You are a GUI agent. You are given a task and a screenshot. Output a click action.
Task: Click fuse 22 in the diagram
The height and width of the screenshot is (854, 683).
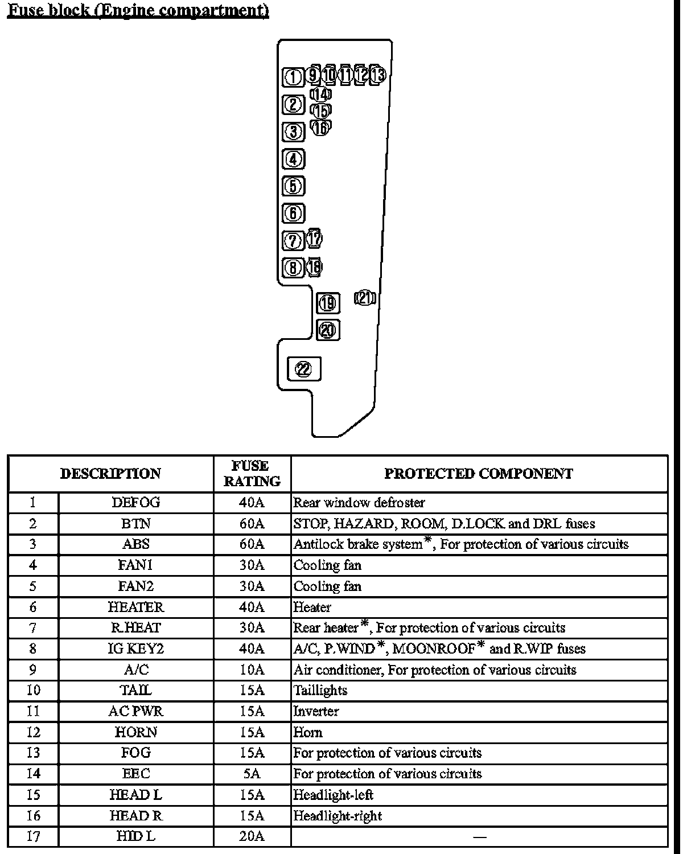point(304,369)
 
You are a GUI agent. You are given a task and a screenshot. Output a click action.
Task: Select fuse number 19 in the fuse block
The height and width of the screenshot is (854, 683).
point(328,303)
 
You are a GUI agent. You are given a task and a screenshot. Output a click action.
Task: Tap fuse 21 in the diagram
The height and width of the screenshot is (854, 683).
point(365,298)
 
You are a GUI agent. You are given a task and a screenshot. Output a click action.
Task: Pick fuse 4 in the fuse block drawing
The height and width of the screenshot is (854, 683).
point(294,159)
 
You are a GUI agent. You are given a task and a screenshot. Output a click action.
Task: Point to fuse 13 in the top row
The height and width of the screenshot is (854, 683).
point(378,75)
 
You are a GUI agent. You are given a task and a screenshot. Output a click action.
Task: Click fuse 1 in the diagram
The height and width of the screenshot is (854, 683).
point(293,76)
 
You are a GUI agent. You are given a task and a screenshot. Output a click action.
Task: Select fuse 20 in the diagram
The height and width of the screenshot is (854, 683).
point(328,330)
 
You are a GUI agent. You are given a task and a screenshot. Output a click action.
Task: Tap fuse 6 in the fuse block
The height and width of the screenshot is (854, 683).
point(294,213)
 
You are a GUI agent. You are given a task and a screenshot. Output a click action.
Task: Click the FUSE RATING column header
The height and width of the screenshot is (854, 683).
point(252,473)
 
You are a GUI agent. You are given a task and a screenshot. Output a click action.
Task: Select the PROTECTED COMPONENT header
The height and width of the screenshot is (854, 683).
point(479,473)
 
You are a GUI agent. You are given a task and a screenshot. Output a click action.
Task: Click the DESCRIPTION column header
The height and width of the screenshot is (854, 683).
point(110,473)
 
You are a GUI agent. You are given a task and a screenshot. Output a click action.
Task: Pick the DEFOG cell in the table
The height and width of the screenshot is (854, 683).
point(136,502)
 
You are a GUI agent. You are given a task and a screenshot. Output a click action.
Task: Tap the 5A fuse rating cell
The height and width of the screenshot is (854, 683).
point(252,774)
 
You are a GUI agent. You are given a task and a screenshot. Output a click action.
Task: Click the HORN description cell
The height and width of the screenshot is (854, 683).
point(136,732)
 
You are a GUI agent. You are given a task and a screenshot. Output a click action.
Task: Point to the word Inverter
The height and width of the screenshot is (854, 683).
point(316,711)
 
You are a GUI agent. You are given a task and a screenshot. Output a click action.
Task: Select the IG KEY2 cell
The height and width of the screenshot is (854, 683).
point(136,648)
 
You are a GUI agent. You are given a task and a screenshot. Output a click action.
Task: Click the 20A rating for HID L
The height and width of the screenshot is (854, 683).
point(252,836)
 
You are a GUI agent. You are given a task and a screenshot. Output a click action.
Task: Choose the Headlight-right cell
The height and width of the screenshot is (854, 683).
point(338,816)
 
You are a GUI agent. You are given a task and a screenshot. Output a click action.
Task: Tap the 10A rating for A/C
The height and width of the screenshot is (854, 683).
point(252,670)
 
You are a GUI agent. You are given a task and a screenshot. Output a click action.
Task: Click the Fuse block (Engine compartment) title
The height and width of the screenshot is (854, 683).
point(138,11)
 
